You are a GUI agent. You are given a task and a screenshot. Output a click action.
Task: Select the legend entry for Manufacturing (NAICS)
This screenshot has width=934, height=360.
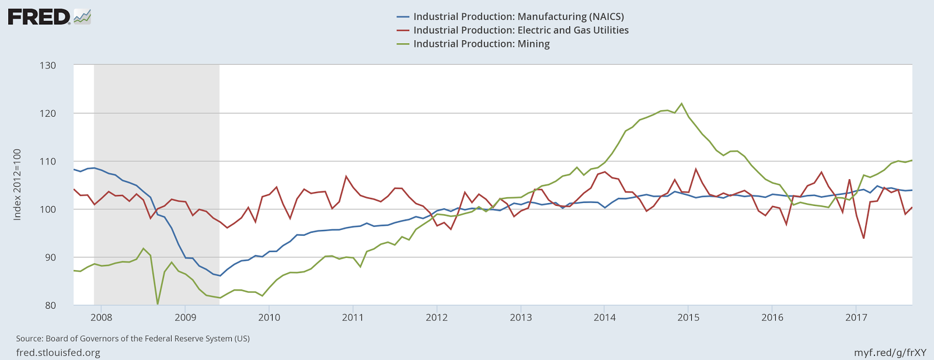(518, 17)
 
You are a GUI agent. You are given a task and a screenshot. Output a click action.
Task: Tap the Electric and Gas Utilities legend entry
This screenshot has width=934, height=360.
(521, 30)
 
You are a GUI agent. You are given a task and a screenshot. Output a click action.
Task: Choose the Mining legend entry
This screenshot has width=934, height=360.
(481, 44)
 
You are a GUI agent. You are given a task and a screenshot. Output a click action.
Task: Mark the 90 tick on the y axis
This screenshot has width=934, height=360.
(50, 257)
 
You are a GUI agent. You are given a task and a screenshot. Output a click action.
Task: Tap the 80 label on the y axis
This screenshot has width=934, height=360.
(50, 305)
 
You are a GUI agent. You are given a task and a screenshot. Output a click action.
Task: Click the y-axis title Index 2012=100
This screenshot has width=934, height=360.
(18, 184)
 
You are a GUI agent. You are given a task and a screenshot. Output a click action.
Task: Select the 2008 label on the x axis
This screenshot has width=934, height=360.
(102, 317)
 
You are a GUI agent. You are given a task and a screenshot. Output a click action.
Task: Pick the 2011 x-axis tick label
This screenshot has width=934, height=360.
(353, 317)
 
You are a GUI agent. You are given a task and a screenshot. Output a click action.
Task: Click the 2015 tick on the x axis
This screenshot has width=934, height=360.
(688, 317)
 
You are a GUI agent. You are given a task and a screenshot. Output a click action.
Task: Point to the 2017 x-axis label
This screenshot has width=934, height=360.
(856, 317)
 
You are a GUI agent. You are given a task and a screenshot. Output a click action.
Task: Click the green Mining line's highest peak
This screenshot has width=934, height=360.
(681, 104)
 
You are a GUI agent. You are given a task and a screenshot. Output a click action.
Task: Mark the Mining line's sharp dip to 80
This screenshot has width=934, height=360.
(158, 303)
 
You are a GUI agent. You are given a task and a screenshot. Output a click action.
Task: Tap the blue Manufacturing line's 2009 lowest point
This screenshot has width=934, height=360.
(220, 275)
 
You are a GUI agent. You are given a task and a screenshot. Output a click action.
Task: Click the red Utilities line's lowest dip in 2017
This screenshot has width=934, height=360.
(863, 238)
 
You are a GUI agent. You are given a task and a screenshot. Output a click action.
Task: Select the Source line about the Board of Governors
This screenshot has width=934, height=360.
(133, 338)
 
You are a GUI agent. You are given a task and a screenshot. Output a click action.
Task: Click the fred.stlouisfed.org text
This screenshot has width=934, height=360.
(58, 352)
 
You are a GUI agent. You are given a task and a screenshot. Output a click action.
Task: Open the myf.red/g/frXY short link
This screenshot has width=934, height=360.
(890, 352)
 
